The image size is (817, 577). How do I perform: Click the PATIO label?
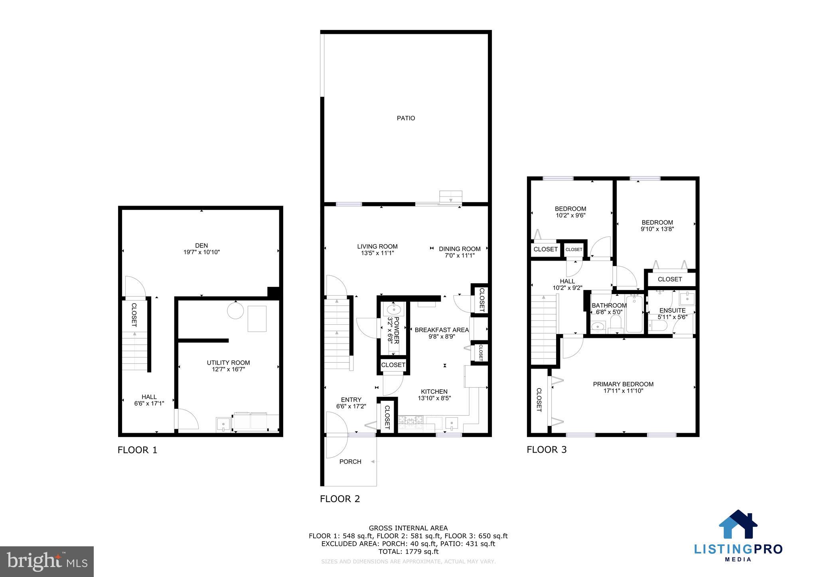(406, 118)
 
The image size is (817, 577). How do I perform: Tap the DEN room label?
(201, 245)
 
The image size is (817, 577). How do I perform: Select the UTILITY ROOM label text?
(228, 363)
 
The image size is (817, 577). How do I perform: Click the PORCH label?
(350, 461)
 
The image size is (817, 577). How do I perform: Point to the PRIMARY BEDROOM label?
(623, 384)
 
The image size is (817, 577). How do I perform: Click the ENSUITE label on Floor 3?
(673, 310)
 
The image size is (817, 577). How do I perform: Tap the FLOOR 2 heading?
(340, 499)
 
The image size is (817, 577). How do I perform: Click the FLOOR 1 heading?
(137, 450)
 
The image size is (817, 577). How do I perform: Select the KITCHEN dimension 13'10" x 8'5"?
(434, 398)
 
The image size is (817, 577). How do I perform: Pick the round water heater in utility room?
(235, 310)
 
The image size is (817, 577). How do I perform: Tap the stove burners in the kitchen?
(410, 419)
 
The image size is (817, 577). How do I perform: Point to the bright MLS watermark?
(47, 562)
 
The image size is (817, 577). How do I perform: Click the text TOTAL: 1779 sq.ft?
(408, 551)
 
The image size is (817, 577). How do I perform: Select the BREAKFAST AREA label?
(442, 330)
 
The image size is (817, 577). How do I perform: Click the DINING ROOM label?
(460, 249)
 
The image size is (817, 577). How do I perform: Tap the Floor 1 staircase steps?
(134, 351)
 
